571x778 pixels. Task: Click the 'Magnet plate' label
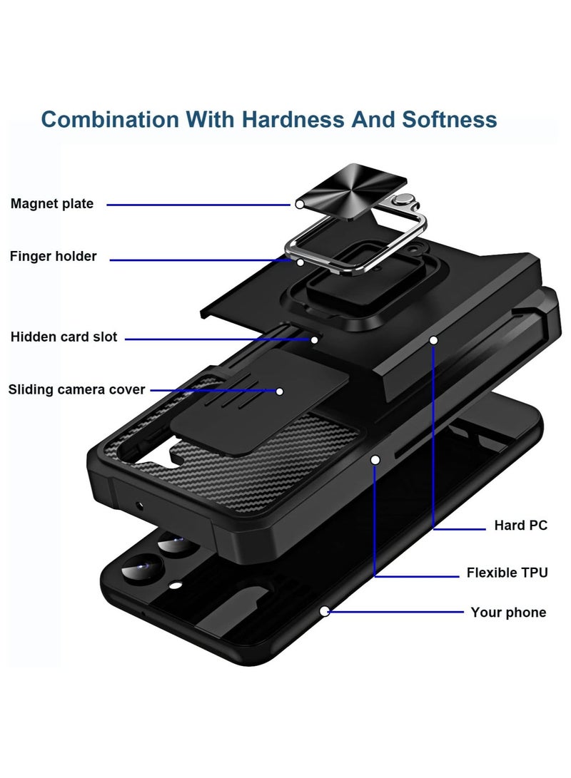[51, 203]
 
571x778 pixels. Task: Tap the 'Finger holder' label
[53, 256]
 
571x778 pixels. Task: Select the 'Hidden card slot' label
[64, 337]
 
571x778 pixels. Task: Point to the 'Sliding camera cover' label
[76, 389]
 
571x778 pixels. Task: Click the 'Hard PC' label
[521, 526]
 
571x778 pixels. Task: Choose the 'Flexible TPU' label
[507, 573]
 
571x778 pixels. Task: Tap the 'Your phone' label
[508, 613]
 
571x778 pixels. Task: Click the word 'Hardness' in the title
[293, 120]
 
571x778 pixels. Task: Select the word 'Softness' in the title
[450, 120]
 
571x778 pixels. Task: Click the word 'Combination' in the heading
[110, 120]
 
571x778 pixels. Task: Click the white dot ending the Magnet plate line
[299, 205]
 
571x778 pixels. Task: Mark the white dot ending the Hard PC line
[433, 340]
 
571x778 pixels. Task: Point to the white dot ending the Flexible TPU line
[375, 460]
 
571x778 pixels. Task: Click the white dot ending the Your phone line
[324, 611]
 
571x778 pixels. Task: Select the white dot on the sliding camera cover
[280, 391]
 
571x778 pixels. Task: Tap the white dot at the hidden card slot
[314, 340]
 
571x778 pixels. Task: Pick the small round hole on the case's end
[139, 506]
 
